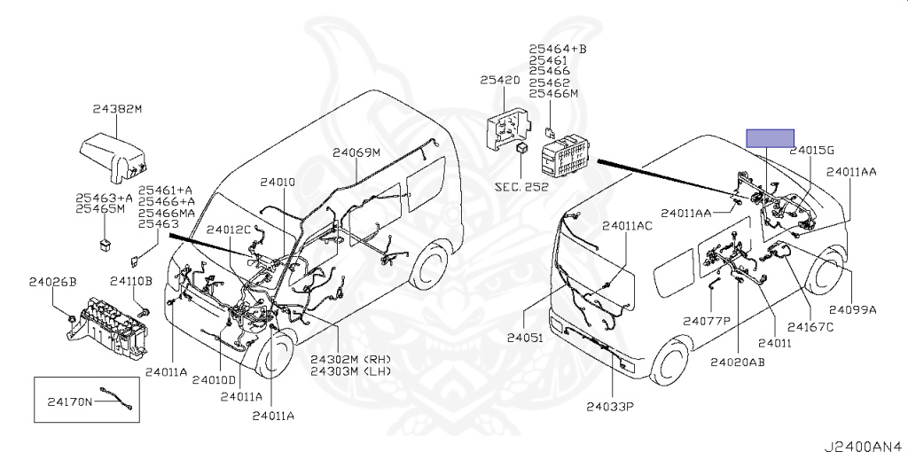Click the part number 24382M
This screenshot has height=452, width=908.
(x=117, y=110)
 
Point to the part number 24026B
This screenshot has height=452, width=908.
(x=52, y=281)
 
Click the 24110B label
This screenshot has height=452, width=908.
(x=131, y=281)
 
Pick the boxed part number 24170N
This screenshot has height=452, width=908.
(x=70, y=401)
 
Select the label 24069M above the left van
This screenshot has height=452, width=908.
(x=356, y=152)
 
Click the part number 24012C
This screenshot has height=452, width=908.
(x=230, y=230)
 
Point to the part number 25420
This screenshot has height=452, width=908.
(x=500, y=80)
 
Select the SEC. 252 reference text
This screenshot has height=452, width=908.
(x=521, y=187)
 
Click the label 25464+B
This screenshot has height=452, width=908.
(x=558, y=49)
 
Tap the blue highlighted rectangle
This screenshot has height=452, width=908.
(x=770, y=137)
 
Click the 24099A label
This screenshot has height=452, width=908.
(x=852, y=310)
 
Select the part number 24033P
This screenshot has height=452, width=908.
(x=613, y=408)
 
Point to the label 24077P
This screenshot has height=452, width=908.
(x=706, y=320)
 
